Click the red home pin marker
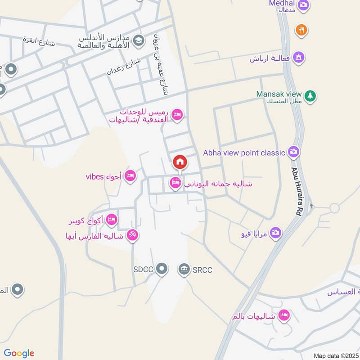point(180,162)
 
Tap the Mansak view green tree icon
point(310,96)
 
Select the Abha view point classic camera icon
point(294,152)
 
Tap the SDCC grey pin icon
point(162,270)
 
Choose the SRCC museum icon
point(184,270)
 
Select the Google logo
point(19,353)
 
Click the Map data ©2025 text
point(336,355)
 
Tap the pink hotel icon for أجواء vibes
point(130,176)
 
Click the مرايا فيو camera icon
point(276,233)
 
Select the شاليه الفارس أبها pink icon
point(132,235)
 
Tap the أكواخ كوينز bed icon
point(112,220)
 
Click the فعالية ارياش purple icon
point(298,58)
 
